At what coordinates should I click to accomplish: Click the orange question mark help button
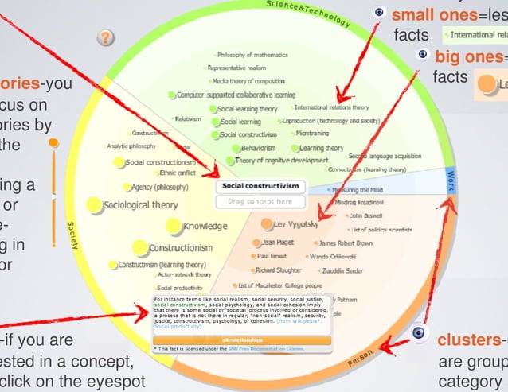pos(106,37)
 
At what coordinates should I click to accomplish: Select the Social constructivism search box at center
pos(260,186)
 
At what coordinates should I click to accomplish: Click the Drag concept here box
pos(260,202)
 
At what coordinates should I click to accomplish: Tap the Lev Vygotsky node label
pos(295,225)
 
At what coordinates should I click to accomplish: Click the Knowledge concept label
pos(205,227)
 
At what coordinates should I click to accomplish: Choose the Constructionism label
pos(178,248)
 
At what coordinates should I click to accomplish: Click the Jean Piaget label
pos(279,242)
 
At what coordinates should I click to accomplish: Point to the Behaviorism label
pos(259,148)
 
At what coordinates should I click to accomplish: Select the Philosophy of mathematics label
pos(247,55)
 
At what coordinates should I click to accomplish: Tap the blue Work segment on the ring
pos(451,181)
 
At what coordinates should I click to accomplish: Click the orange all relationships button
pos(241,340)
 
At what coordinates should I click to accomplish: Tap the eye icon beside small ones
pos(380,13)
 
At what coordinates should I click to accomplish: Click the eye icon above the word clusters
pos(417,334)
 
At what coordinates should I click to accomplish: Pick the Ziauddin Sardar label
pos(345,270)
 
